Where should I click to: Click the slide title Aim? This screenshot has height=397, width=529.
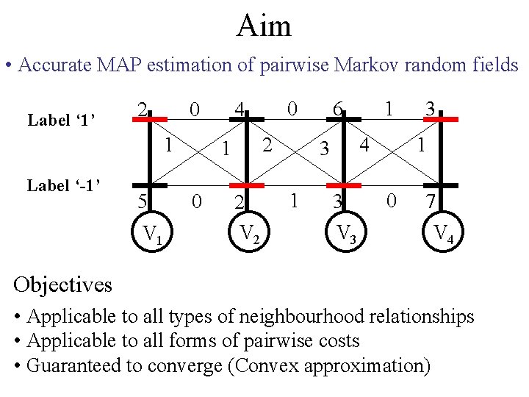click(x=264, y=26)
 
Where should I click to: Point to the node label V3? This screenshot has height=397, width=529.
click(x=345, y=235)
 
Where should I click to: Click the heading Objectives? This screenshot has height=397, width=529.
click(x=62, y=284)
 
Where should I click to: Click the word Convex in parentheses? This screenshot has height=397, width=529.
click(x=331, y=365)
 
